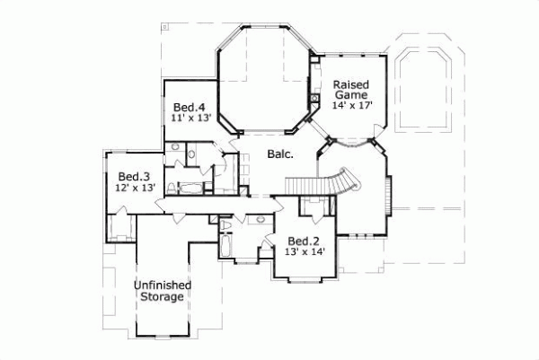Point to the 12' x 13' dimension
(135, 188)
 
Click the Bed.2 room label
(304, 241)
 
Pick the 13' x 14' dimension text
(304, 252)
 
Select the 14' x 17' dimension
(351, 106)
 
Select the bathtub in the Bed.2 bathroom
(225, 243)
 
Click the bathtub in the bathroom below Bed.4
(191, 188)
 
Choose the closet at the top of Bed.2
(314, 209)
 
